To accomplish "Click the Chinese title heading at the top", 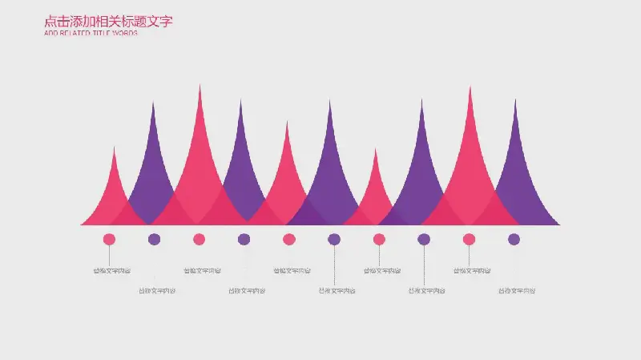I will pos(108,22).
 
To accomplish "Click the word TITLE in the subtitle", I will pos(102,34).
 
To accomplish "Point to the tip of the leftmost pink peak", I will pos(115,148).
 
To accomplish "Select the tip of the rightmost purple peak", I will pos(515,101).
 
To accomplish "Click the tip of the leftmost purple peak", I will pos(154,103).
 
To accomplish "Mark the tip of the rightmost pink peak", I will pos(470,88).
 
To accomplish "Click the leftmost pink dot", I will pos(109,239).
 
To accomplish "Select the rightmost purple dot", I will pos(514,239).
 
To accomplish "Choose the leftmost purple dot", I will pos(154,239).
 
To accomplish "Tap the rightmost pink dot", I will pos(469,239).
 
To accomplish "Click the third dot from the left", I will pos(199,239).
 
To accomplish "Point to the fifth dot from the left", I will pos(289,239).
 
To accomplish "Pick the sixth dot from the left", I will pos(334,239).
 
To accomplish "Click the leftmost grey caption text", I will pos(112,271).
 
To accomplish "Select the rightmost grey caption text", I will pos(517,290).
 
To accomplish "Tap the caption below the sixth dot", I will pos(337,290).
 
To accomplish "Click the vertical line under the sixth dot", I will pos(334,265).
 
